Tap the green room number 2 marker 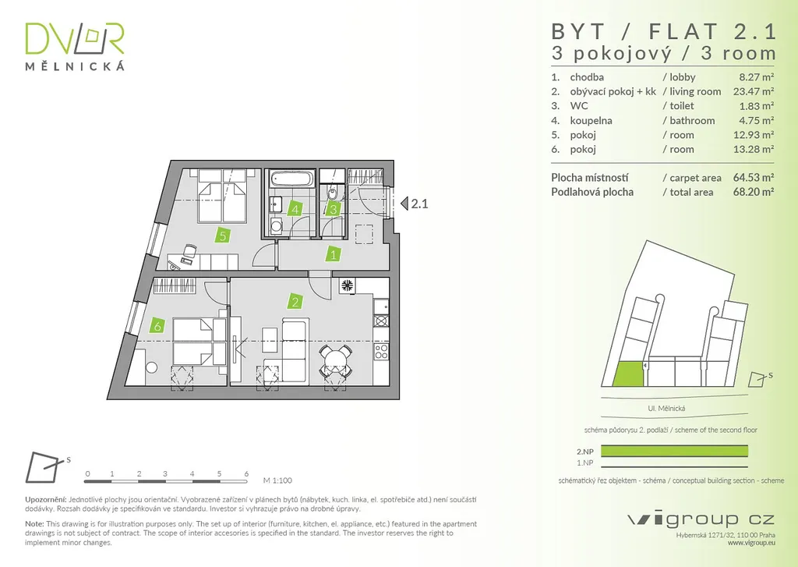pyautogui.click(x=295, y=302)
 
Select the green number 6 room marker pyautogui.click(x=157, y=328)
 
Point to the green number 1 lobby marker pyautogui.click(x=333, y=253)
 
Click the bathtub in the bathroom pyautogui.click(x=291, y=179)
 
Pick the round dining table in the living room pyautogui.click(x=334, y=360)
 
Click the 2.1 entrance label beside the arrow pyautogui.click(x=420, y=204)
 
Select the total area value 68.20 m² pyautogui.click(x=756, y=192)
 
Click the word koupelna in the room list pyautogui.click(x=591, y=121)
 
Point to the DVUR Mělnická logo pyautogui.click(x=75, y=46)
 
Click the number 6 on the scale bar pyautogui.click(x=246, y=473)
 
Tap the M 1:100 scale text pyautogui.click(x=277, y=481)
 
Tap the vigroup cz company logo pyautogui.click(x=701, y=519)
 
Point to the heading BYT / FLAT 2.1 pyautogui.click(x=664, y=31)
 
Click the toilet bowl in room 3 pyautogui.click(x=333, y=192)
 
